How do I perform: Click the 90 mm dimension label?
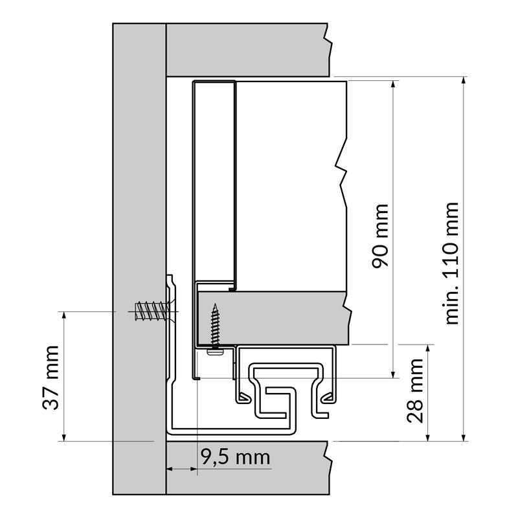pos(380,236)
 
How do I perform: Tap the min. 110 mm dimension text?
pos(452,264)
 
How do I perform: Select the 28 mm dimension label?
pos(415,390)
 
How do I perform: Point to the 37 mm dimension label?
pos(51,377)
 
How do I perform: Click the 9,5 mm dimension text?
pos(236,457)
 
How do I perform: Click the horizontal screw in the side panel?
pos(153,311)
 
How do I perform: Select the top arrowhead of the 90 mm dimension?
pos(393,85)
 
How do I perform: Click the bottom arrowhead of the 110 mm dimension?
pos(464,436)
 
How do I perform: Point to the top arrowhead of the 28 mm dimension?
pos(428,349)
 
